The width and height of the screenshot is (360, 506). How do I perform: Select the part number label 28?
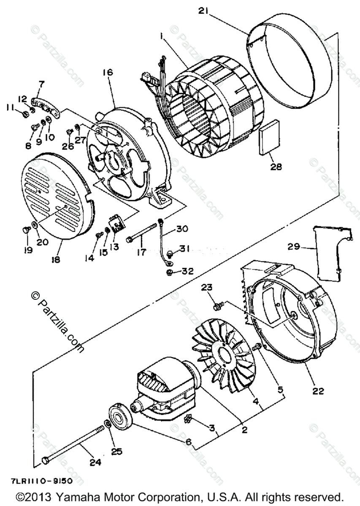click(x=276, y=167)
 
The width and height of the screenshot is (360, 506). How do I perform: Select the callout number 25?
click(x=116, y=452)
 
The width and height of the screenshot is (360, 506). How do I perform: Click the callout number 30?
click(x=182, y=229)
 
